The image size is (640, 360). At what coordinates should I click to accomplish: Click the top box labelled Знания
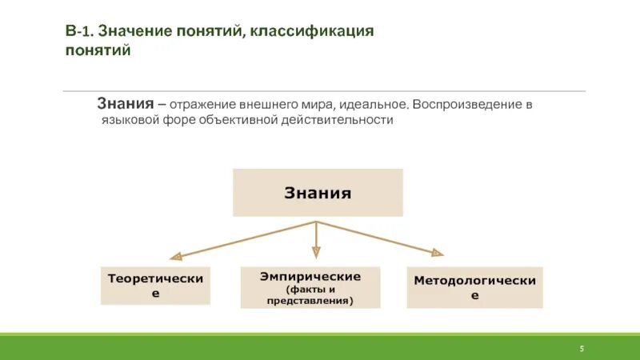318,193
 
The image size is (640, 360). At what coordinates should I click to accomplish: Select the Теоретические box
155,286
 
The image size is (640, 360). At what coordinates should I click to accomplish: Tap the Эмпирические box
310,288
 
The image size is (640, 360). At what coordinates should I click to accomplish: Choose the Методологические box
474,287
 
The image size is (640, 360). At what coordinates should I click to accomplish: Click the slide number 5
582,349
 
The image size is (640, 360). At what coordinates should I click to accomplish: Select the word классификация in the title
312,31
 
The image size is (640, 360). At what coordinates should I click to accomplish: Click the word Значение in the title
132,31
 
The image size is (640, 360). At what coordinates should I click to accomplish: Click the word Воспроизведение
466,105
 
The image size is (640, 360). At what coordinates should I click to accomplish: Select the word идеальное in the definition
373,105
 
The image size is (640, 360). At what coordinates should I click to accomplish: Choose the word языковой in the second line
131,121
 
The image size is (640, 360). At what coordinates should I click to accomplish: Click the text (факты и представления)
310,295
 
